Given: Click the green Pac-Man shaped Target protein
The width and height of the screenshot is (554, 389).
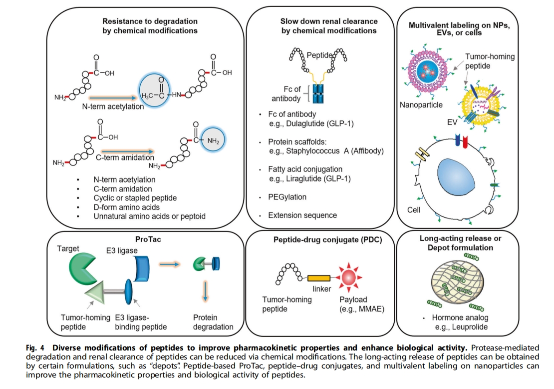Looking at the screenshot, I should click(82, 266).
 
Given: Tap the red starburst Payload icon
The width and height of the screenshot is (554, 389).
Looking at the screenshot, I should click(348, 277).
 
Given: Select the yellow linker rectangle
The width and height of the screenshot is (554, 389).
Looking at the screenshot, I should click(318, 278).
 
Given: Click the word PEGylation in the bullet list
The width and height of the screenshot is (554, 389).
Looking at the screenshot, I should click(287, 197).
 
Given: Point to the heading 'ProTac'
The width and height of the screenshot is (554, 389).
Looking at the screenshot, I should click(148, 239).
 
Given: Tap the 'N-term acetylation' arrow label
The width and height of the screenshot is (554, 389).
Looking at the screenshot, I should click(113, 106).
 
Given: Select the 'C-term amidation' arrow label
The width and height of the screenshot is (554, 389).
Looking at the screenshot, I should click(125, 157).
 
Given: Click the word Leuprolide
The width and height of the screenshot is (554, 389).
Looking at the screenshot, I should click(471, 327).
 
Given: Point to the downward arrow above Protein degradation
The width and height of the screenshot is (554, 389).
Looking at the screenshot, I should click(206, 291).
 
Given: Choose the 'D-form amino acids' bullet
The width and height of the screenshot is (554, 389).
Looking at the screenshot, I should click(127, 207).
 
